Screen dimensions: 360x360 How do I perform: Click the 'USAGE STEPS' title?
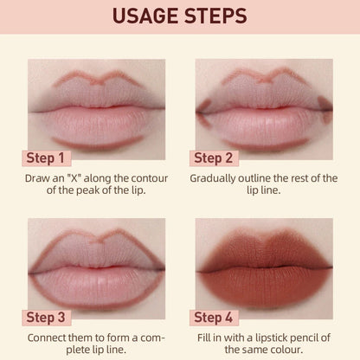click(179, 16)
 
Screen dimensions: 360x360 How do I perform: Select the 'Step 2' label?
click(222, 158)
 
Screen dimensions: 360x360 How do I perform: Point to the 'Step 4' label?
click(222, 317)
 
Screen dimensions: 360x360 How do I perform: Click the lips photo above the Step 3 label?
click(96, 260)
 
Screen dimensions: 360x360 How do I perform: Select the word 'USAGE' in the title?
click(144, 16)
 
